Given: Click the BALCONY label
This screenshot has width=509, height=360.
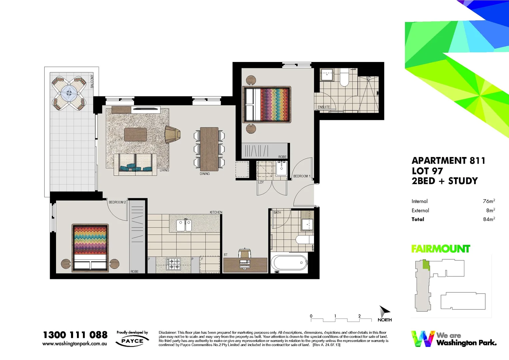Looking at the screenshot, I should [92, 81].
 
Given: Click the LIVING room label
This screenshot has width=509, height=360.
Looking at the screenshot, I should [164, 170].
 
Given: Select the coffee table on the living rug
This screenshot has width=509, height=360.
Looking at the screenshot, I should [135, 135].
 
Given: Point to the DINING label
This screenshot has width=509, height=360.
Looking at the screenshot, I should [205, 174].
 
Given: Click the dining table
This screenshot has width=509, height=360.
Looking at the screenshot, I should [209, 149].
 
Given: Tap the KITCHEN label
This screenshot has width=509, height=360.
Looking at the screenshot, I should [216, 212].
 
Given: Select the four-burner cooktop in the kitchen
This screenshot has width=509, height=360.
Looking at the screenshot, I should [173, 264].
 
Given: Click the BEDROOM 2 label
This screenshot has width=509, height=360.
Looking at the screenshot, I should [117, 202].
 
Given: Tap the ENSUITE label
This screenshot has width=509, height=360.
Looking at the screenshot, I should [324, 107].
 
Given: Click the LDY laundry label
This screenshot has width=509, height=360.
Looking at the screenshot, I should [261, 182].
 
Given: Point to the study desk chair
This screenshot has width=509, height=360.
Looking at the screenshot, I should [245, 254].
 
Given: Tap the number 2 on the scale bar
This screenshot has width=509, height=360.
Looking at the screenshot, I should [359, 316].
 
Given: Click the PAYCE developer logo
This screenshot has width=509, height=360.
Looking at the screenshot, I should [132, 341].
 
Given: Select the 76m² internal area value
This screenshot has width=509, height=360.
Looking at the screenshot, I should [489, 201].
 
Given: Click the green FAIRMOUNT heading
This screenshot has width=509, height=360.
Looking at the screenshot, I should [440, 249].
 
